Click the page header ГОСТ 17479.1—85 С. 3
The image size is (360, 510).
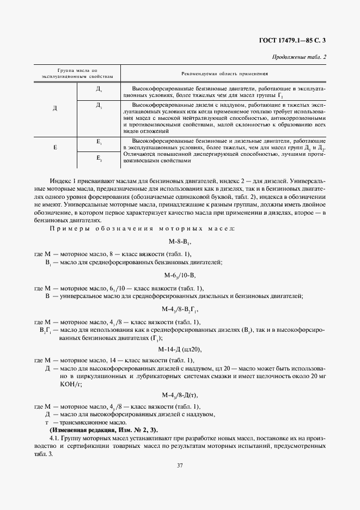292,40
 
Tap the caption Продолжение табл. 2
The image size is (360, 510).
298,57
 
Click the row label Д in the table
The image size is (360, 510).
55,108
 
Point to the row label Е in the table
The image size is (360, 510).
55,147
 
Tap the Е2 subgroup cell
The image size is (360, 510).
99,158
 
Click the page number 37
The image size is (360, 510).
180,465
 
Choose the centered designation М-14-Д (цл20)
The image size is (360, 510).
180,349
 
